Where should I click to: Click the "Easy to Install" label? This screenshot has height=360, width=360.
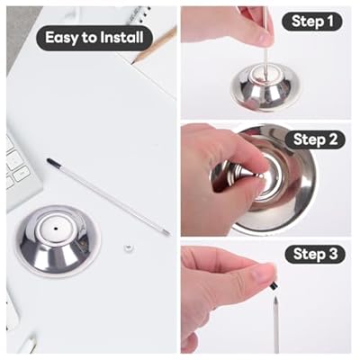click(94, 38)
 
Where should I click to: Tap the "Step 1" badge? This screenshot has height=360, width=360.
click(311, 22)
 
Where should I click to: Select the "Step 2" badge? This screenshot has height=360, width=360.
click(315, 139)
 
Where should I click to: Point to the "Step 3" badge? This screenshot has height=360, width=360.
click(315, 254)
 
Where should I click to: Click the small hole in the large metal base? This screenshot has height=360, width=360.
click(56, 229)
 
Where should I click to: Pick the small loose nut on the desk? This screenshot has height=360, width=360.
click(129, 247)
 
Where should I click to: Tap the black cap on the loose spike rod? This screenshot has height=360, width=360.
click(51, 162)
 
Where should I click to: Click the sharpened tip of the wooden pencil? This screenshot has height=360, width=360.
click(133, 62)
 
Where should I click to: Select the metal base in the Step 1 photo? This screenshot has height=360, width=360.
click(260, 86)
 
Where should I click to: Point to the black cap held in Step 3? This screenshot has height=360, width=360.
click(274, 286)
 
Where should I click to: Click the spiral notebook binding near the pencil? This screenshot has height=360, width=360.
click(139, 13)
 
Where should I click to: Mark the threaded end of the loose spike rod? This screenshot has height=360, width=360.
click(166, 233)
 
